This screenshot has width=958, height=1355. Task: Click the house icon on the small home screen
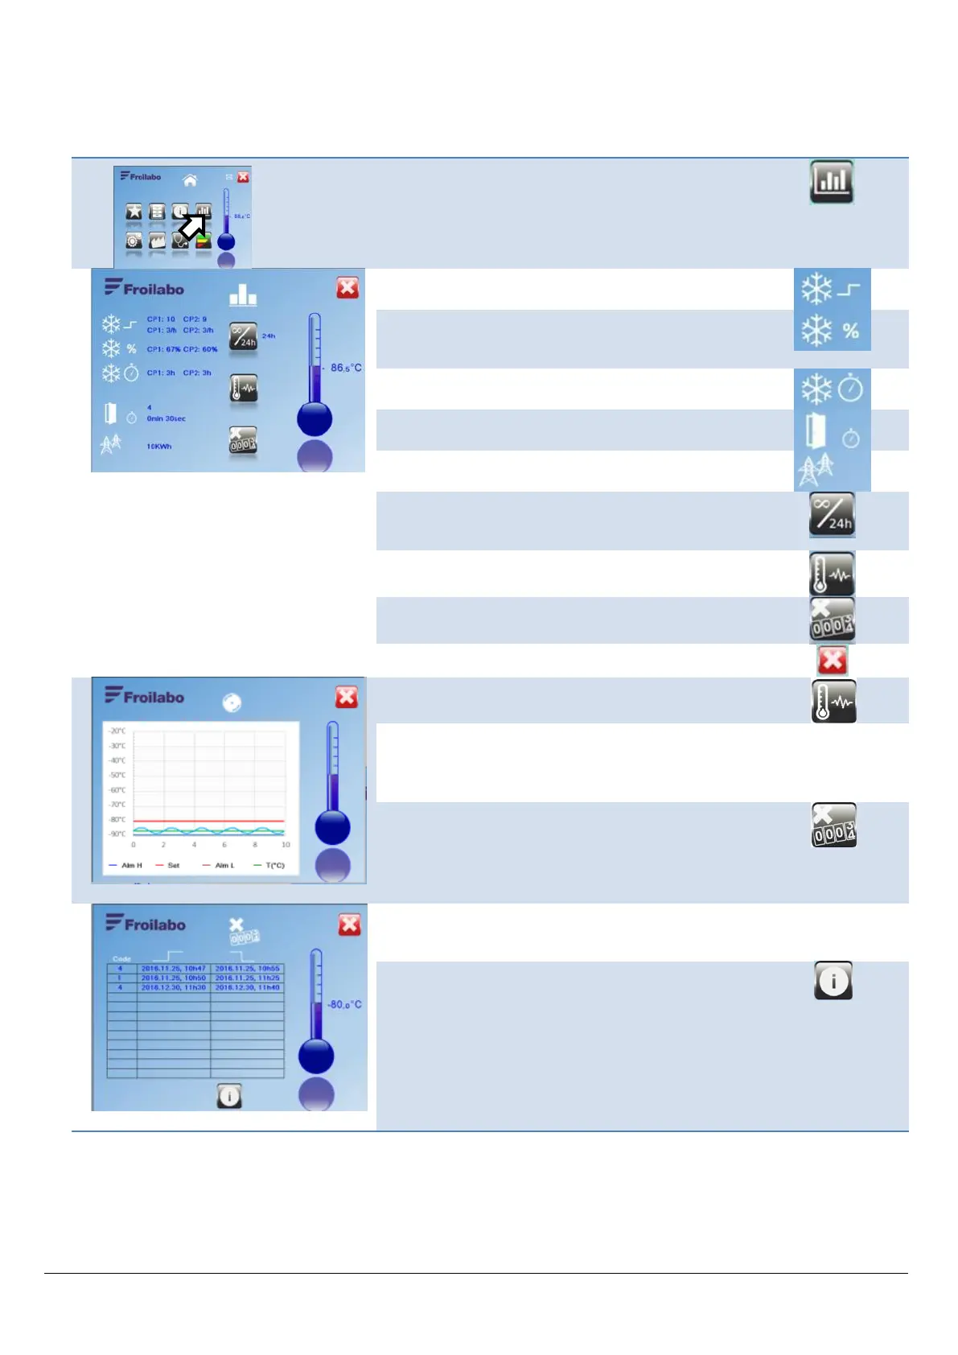click(x=190, y=180)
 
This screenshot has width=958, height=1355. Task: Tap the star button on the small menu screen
click(x=134, y=212)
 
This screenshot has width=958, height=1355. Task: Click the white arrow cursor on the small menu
click(x=191, y=227)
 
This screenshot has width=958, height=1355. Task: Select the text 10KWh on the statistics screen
click(x=159, y=447)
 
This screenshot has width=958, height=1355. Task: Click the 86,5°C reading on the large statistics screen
click(x=346, y=368)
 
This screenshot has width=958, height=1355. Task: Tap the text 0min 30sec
click(x=167, y=418)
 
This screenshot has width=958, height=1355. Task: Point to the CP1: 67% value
click(x=164, y=349)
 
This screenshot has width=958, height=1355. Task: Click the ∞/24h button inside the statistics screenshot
click(x=244, y=337)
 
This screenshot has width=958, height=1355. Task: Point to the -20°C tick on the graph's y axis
click(x=117, y=731)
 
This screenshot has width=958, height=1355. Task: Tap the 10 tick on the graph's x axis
click(x=286, y=845)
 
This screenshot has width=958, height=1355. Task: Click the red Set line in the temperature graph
click(x=209, y=822)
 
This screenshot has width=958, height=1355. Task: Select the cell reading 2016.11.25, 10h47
click(x=174, y=969)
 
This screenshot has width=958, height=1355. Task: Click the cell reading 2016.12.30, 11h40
click(x=247, y=987)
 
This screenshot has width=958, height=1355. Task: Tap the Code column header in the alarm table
click(x=121, y=959)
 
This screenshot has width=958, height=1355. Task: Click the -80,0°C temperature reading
click(x=344, y=1005)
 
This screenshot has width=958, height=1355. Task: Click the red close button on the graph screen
click(x=347, y=697)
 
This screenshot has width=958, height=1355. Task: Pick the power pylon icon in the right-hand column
click(x=816, y=470)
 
